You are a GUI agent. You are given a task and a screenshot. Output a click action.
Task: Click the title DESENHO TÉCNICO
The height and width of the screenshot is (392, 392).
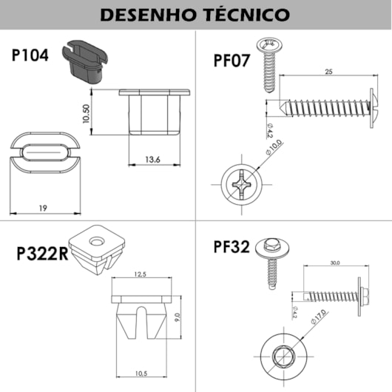(x=195, y=14)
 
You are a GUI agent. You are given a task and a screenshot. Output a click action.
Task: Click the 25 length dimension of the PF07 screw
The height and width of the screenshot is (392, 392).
(x=325, y=72)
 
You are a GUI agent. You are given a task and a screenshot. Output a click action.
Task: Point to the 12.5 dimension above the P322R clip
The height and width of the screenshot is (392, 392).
(x=141, y=275)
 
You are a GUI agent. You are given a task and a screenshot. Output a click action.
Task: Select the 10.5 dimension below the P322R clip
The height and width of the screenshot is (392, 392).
(x=141, y=372)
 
